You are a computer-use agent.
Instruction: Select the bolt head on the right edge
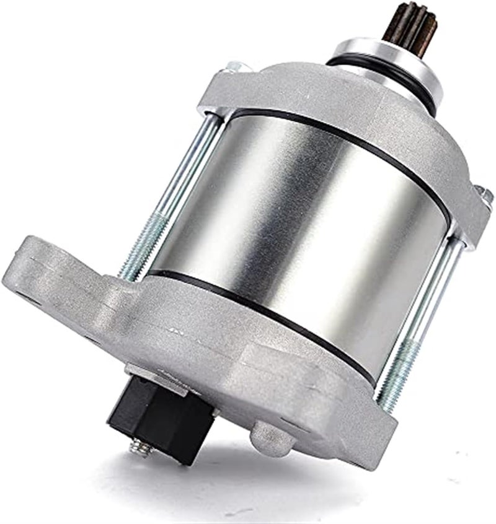click(x=484, y=196)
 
